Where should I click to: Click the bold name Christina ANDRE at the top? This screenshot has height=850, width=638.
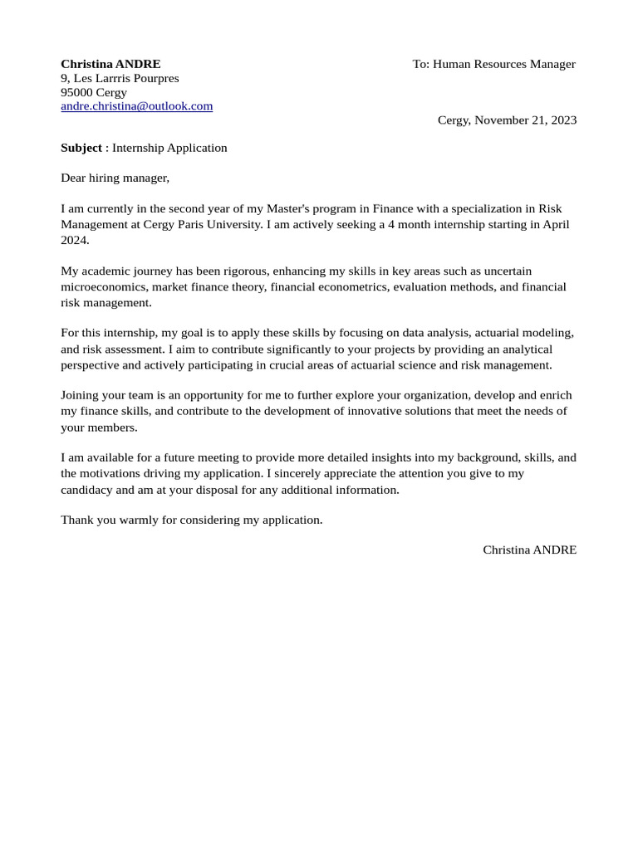[110, 64]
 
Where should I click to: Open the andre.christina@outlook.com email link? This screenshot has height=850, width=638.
[136, 106]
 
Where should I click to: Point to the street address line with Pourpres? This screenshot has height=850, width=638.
[120, 78]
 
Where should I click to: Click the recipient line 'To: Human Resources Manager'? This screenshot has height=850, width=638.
[493, 64]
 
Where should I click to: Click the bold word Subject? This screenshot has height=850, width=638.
[81, 148]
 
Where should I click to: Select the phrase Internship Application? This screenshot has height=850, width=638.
[169, 148]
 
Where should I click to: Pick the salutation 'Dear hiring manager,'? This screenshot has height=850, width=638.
[115, 178]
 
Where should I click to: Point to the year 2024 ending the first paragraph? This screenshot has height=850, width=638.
[74, 240]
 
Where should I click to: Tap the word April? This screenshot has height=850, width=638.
[556, 224]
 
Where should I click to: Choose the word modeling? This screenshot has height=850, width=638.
[547, 333]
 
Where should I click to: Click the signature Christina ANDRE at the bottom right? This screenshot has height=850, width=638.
[529, 550]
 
